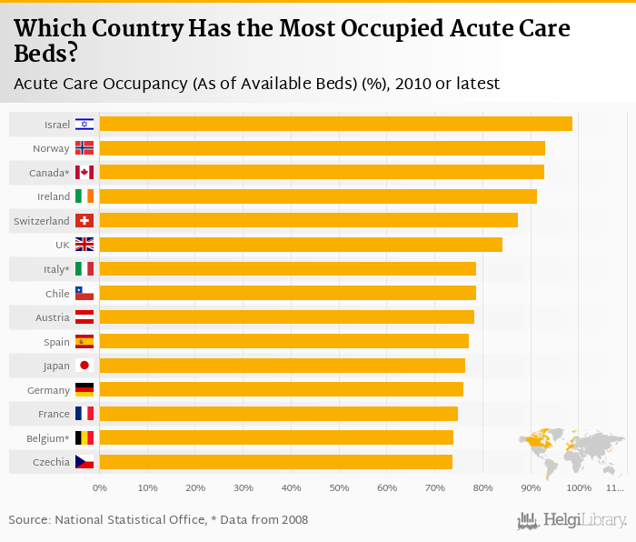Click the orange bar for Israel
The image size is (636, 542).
click(335, 124)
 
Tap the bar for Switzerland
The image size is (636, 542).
click(308, 220)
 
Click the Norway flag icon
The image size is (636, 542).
click(84, 148)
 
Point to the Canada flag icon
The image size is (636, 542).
click(84, 173)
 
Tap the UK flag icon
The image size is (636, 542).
click(84, 245)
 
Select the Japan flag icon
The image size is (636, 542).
click(84, 366)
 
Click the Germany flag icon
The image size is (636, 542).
click(84, 390)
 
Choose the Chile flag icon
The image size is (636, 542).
click(84, 294)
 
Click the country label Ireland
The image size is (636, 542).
click(54, 196)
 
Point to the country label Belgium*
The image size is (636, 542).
click(48, 438)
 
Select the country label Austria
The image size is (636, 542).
click(53, 317)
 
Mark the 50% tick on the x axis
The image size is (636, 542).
click(339, 488)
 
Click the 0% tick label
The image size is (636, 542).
click(100, 488)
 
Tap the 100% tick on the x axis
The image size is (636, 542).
click(579, 488)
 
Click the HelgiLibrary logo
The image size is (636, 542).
click(572, 520)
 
